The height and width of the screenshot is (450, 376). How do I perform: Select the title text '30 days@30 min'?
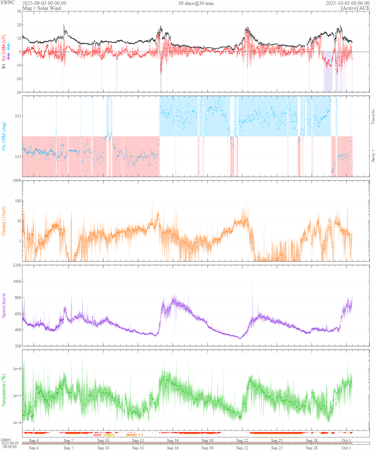coord(196,3)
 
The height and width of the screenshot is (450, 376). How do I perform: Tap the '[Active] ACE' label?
coord(355,8)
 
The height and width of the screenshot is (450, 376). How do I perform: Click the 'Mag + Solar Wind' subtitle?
coord(41,8)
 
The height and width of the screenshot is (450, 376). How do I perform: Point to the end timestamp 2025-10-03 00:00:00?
coord(347,3)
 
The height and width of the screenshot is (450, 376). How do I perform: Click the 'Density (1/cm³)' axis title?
coord(4,221)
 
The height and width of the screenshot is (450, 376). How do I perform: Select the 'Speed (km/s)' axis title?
coord(4,306)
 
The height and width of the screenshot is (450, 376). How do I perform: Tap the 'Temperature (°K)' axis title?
coord(4,390)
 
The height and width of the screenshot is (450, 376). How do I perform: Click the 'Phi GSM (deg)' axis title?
coord(4,136)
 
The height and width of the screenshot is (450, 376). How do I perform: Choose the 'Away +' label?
coord(373,156)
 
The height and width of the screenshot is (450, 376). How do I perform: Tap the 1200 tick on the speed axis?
coord(17,265)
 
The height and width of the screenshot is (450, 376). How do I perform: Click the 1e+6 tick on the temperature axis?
coord(17,369)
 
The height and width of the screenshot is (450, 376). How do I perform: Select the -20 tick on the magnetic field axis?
coord(18,79)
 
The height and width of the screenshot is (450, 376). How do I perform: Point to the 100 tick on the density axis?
coord(18,201)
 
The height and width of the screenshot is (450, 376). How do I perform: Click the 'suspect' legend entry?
coord(109,435)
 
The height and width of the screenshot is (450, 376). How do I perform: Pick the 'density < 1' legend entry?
coord(135,435)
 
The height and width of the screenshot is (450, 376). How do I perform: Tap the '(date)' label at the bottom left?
coord(6,440)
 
